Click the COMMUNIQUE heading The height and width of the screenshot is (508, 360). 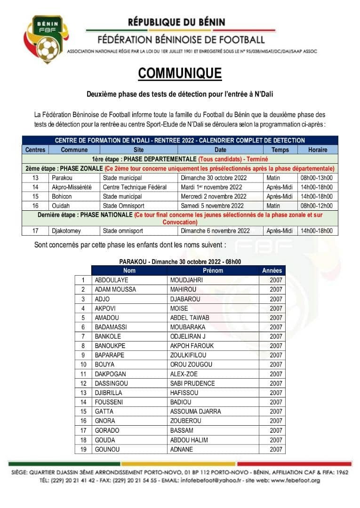pyautogui.click(x=180, y=73)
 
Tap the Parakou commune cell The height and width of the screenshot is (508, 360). pyautogui.click(x=64, y=178)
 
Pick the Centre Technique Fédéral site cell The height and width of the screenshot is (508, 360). pyautogui.click(x=135, y=187)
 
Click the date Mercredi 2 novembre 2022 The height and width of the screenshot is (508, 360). pyautogui.click(x=214, y=196)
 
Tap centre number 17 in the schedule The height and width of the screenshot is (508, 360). pyautogui.click(x=36, y=231)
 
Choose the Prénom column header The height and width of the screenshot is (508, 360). pyautogui.click(x=213, y=270)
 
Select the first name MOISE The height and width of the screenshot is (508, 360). pyautogui.click(x=179, y=309)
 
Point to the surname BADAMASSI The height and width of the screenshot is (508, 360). pyautogui.click(x=111, y=327)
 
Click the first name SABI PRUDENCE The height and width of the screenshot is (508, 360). pyautogui.click(x=192, y=383)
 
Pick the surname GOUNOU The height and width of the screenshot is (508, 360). pyautogui.click(x=107, y=449)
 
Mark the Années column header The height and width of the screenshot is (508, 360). pyautogui.click(x=272, y=270)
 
